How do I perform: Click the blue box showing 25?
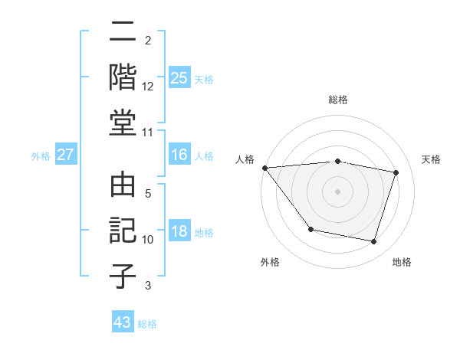(179, 77)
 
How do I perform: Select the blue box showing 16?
(179, 155)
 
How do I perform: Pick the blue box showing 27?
(66, 155)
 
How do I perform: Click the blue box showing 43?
(123, 322)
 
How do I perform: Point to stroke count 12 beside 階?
(148, 86)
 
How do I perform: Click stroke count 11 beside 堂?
(148, 133)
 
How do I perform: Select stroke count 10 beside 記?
(148, 240)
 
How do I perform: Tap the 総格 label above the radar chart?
(338, 100)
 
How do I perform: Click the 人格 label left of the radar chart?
(245, 159)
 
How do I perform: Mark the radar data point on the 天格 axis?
(396, 172)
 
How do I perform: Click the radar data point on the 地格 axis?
(373, 242)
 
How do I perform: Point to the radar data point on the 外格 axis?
(310, 229)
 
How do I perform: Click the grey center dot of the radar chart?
(338, 191)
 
